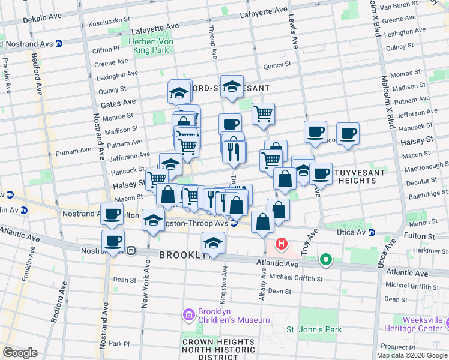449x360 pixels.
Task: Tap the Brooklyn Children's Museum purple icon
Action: pyautogui.click(x=188, y=315)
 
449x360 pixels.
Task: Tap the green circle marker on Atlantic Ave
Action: pyautogui.click(x=326, y=259)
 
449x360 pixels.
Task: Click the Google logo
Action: pyautogui.click(x=19, y=353)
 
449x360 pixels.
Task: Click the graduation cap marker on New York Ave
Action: pyautogui.click(x=154, y=220)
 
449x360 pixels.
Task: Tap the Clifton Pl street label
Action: pyautogui.click(x=106, y=50)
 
